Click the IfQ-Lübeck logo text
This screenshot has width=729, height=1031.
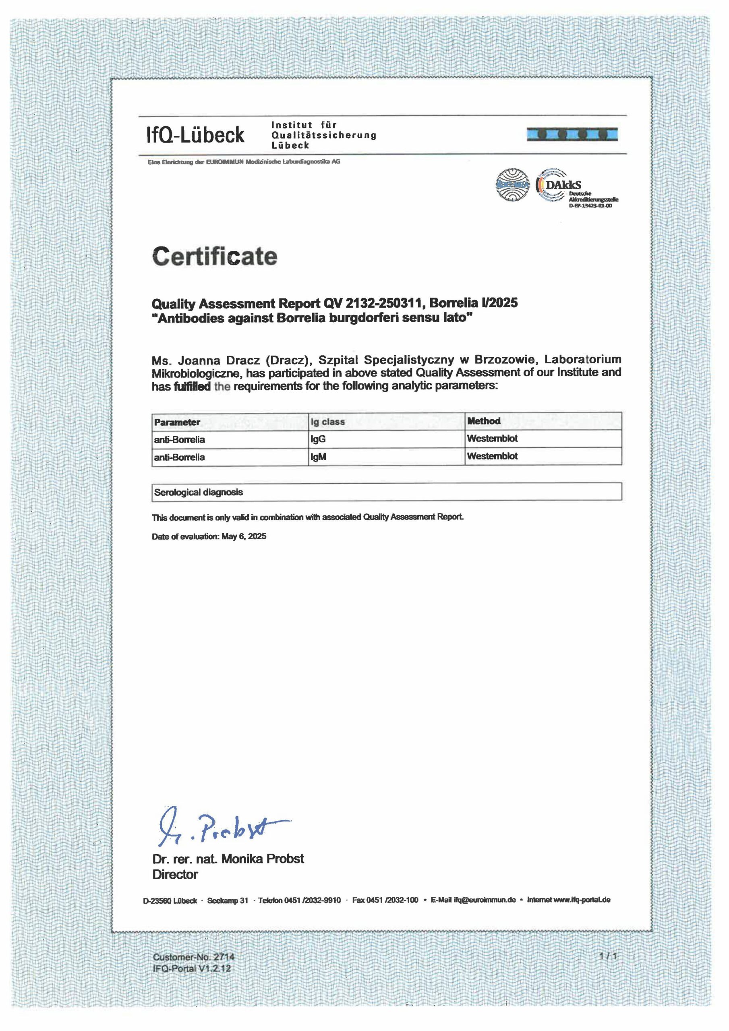(195, 135)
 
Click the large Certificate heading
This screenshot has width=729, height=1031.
(214, 257)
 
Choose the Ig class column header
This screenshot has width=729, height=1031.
(327, 422)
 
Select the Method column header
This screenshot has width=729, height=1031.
(483, 421)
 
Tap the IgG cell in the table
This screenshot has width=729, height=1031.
(318, 439)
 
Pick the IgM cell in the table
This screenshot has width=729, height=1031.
(318, 457)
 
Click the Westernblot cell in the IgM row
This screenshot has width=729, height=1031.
(492, 456)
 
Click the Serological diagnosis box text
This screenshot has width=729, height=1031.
(198, 492)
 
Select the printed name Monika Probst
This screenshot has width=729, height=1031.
(262, 859)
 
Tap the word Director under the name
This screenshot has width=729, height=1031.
(175, 874)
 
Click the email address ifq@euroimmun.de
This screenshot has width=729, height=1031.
(484, 900)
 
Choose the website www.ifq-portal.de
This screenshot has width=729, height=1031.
(582, 899)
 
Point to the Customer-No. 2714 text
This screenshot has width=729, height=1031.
(193, 956)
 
